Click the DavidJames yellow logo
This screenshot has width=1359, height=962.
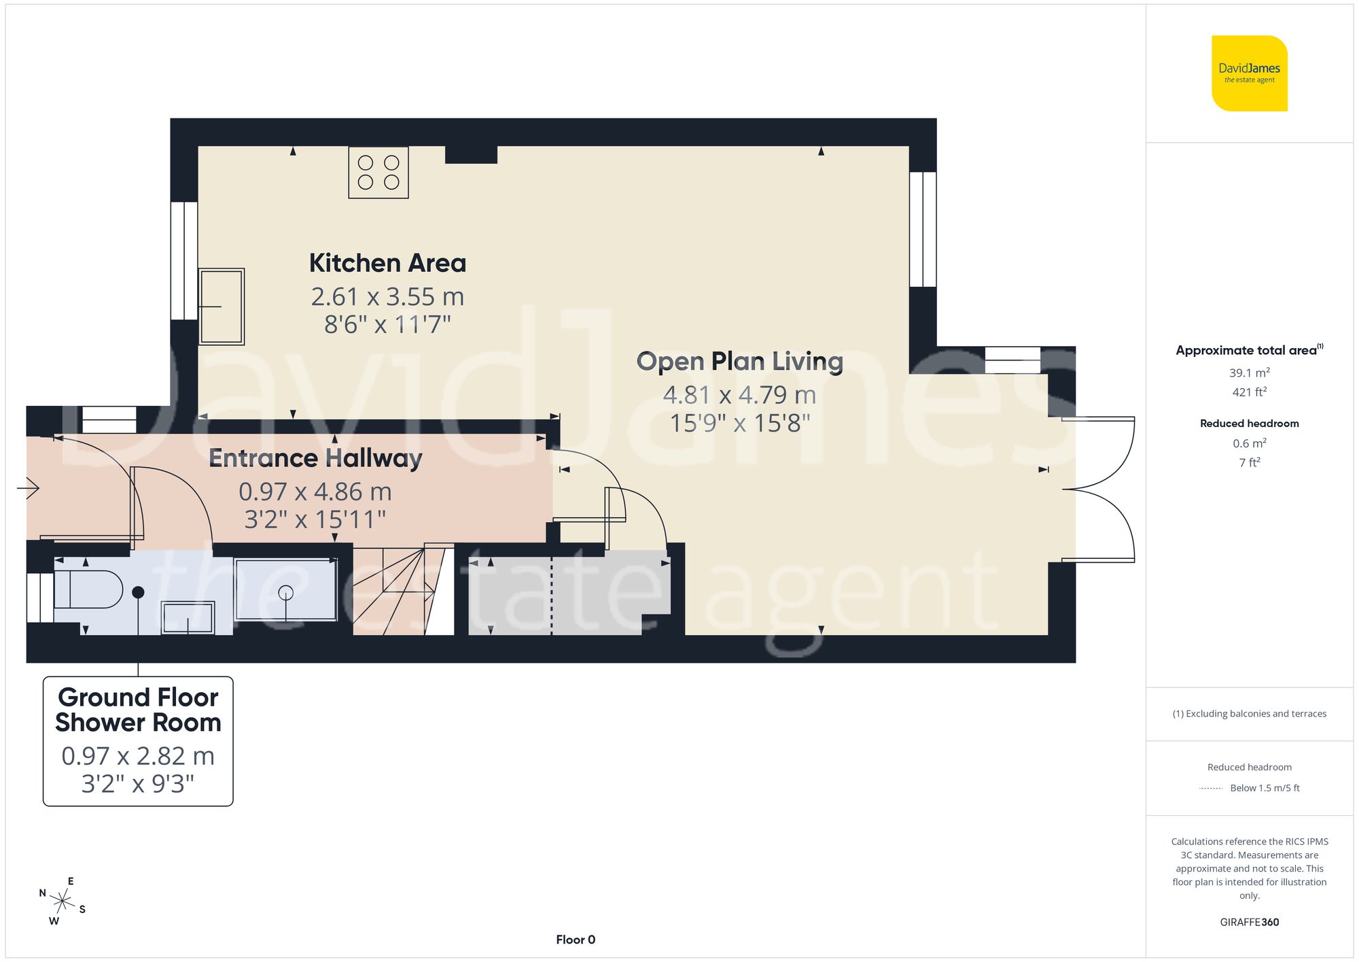(1249, 73)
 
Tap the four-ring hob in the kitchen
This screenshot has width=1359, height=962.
(378, 173)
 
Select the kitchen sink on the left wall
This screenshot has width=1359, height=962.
(221, 307)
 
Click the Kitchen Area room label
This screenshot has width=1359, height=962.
(387, 263)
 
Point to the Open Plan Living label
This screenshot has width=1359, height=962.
(739, 361)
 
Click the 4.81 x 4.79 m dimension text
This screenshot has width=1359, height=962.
(739, 394)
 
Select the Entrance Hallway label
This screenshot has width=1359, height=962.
(315, 458)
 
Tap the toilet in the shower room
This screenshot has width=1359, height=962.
(88, 589)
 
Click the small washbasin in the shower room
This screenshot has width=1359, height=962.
(188, 618)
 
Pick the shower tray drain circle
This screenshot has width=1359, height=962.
(285, 592)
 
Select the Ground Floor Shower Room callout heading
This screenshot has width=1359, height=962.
(138, 710)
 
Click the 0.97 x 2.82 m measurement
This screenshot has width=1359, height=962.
(138, 756)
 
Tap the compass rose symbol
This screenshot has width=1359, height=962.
(63, 902)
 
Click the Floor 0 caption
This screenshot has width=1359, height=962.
(575, 940)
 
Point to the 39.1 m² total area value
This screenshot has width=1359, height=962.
(1249, 373)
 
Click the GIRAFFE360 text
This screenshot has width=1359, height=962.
(1249, 922)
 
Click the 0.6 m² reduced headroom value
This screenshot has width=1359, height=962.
(1249, 443)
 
